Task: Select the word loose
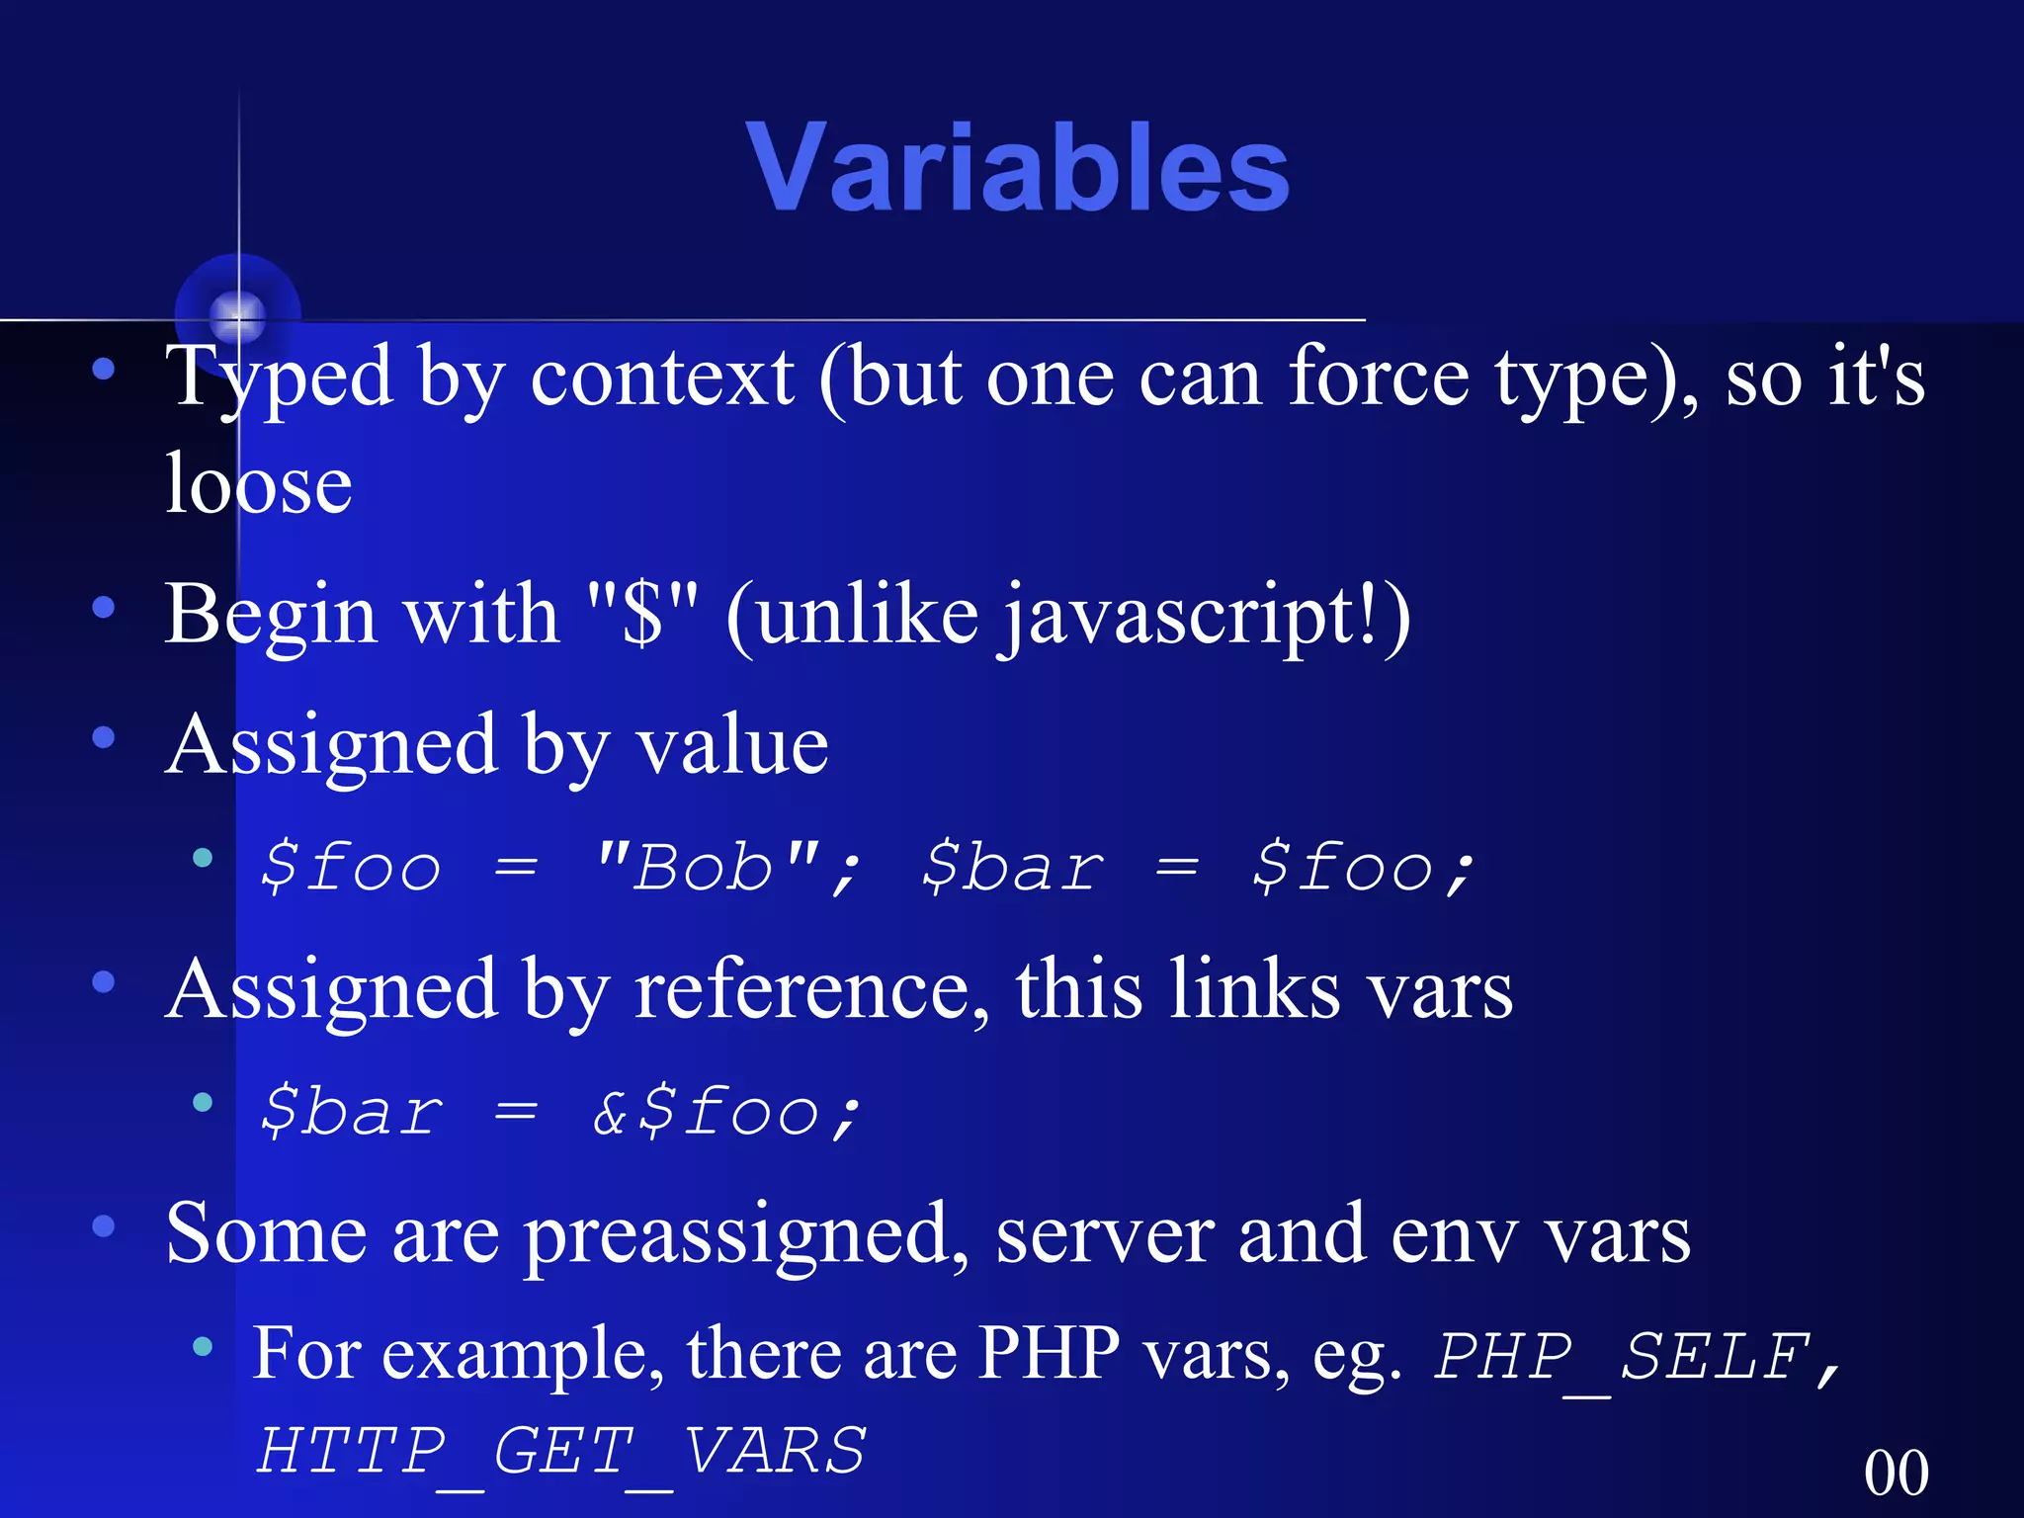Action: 258,484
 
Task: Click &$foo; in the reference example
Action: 726,1111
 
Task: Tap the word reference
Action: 810,990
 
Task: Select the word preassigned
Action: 746,1235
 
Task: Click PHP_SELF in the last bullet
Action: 1621,1356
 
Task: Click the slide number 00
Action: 1896,1473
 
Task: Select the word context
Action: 662,378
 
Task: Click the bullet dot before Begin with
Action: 104,607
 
